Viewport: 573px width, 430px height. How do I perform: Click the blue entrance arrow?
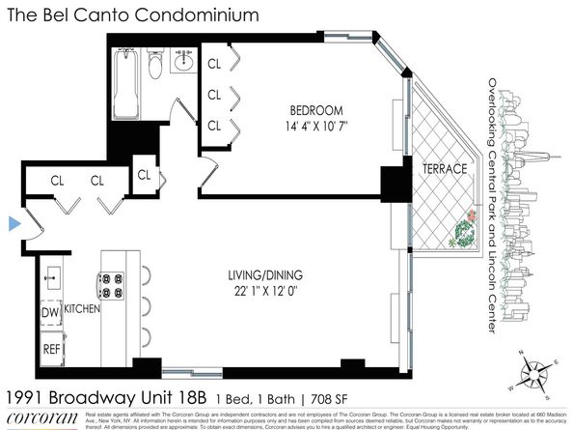(14, 224)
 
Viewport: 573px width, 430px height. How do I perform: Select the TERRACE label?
(444, 169)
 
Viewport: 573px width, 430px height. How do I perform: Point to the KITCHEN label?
(84, 307)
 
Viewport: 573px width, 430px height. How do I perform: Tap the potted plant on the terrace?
(465, 229)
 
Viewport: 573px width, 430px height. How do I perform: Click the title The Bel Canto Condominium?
(134, 15)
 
